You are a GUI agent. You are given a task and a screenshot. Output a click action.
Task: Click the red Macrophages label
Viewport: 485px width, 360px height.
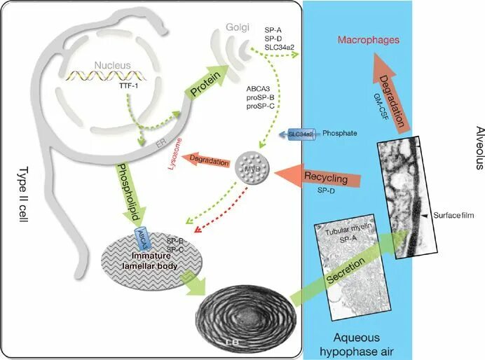(x=369, y=40)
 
